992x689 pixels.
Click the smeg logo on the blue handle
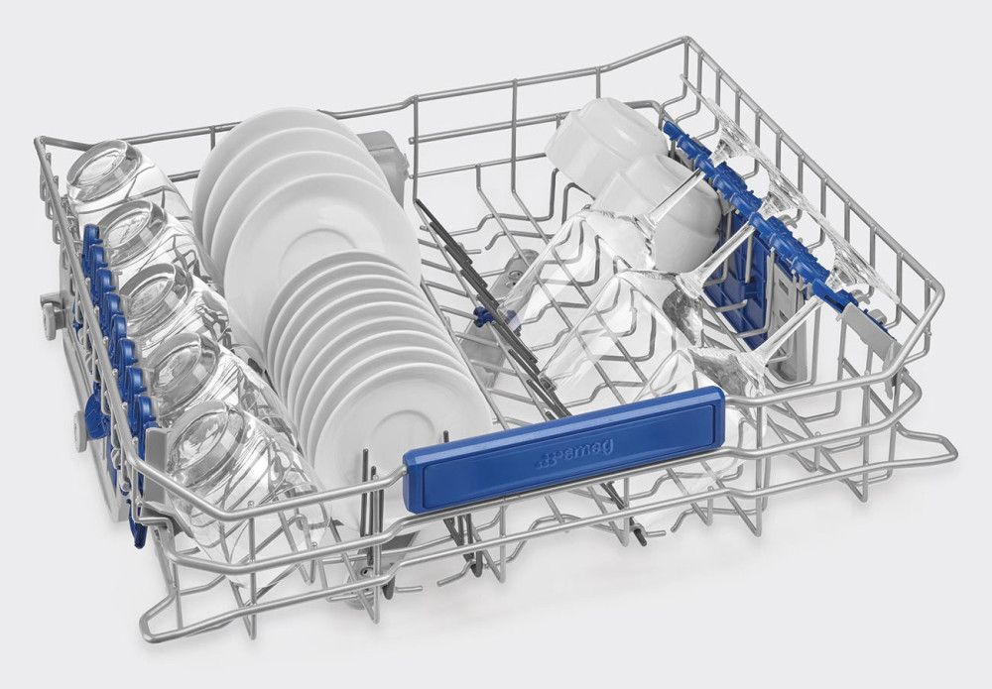[573, 454]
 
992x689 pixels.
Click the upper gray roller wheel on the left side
[51, 314]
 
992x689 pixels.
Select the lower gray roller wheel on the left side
[80, 431]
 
